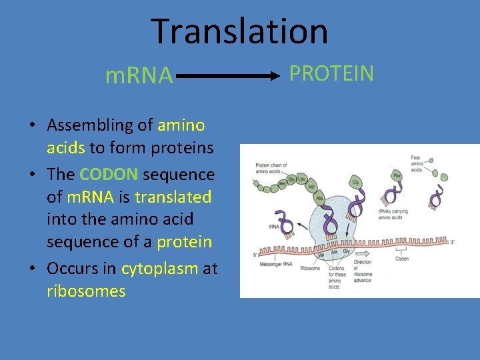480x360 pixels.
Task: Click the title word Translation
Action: (x=239, y=31)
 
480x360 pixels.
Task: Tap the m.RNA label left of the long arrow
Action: (x=139, y=77)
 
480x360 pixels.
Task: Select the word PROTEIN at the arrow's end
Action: (x=331, y=74)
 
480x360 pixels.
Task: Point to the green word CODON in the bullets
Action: (x=109, y=175)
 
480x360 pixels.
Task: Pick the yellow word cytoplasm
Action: (x=159, y=269)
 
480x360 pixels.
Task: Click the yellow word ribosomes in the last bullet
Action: (x=86, y=291)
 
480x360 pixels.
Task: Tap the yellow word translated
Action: (x=173, y=197)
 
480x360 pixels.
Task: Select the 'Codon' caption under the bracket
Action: (x=401, y=259)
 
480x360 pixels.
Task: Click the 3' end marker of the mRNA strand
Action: (x=453, y=242)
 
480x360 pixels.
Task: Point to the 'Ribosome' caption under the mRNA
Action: (x=310, y=269)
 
